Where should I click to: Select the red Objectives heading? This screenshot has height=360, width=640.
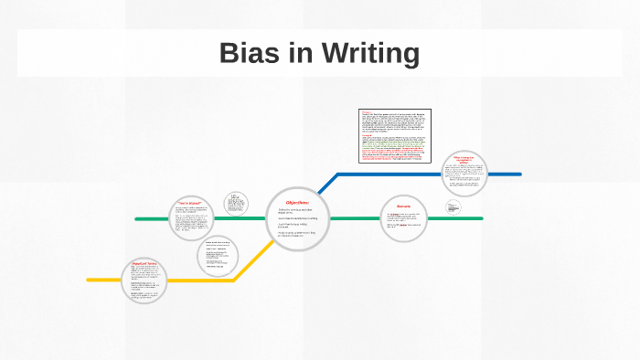click(298, 202)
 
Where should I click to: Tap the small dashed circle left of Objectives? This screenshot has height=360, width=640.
click(236, 203)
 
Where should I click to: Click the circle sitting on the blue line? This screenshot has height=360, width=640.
click(465, 175)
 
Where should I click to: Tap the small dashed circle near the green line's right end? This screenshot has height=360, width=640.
click(454, 207)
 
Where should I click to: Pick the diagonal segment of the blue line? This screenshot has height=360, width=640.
click(327, 184)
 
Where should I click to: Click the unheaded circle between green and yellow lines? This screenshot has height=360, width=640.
click(218, 257)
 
